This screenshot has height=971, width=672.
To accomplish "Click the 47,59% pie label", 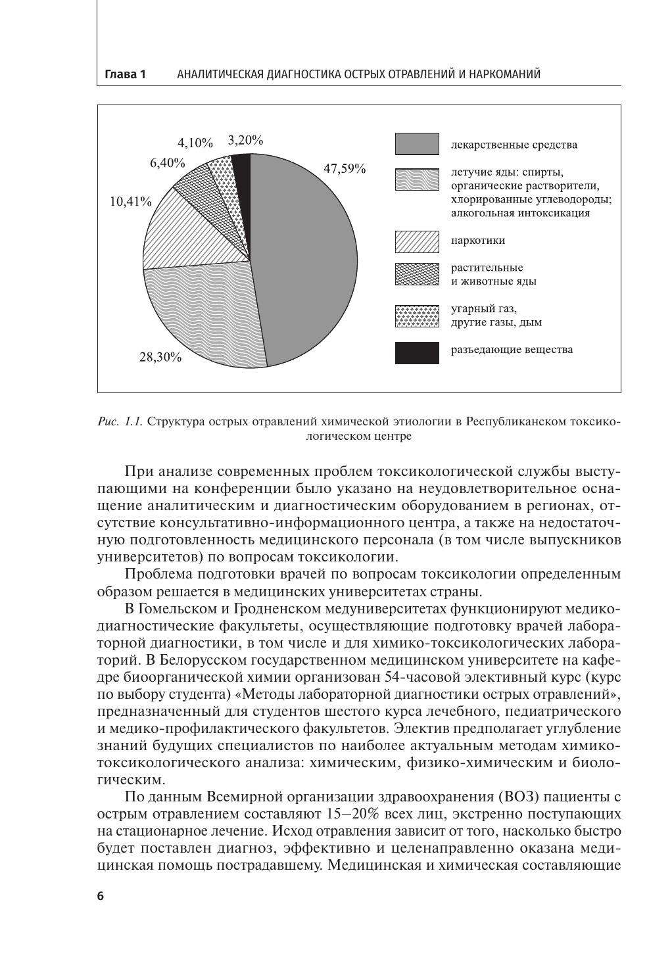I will pyautogui.click(x=344, y=168).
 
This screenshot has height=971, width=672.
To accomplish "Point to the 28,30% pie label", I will pyautogui.click(x=160, y=358).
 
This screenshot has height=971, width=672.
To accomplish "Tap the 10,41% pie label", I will pyautogui.click(x=130, y=201).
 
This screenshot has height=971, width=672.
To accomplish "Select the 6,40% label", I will pyautogui.click(x=167, y=163).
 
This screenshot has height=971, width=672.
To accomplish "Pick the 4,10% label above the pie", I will pyautogui.click(x=195, y=143).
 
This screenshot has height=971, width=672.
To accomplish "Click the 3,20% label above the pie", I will pyautogui.click(x=245, y=140).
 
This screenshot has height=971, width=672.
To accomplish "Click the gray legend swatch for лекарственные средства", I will pyautogui.click(x=416, y=144).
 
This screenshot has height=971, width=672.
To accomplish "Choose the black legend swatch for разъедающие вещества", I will pyautogui.click(x=416, y=352).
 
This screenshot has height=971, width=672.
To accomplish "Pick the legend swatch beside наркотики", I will pyautogui.click(x=416, y=241).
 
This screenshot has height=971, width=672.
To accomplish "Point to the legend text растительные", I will pyautogui.click(x=487, y=268).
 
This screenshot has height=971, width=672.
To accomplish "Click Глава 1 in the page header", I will pyautogui.click(x=125, y=74).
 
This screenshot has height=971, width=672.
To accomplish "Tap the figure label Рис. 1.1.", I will pyautogui.click(x=120, y=421).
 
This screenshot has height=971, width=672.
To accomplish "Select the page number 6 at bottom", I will pyautogui.click(x=101, y=896).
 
